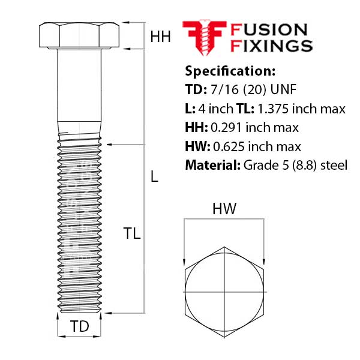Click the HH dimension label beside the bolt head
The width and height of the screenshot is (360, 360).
(160, 37)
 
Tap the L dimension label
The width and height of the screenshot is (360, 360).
(154, 177)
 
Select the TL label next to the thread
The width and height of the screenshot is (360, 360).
(131, 234)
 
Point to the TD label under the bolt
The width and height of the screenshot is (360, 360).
(79, 327)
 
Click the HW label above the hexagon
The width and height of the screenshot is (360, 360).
(224, 209)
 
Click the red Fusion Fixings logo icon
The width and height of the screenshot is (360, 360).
(203, 37)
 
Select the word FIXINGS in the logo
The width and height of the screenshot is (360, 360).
(272, 46)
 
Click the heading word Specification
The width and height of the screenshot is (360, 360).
(230, 71)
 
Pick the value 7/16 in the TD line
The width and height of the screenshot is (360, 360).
(221, 90)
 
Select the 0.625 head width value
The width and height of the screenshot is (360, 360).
(226, 146)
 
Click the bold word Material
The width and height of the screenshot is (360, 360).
(212, 164)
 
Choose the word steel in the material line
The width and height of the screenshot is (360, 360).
(334, 164)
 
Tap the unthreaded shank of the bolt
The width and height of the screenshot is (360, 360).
(79, 90)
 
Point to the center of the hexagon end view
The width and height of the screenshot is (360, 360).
(223, 290)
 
